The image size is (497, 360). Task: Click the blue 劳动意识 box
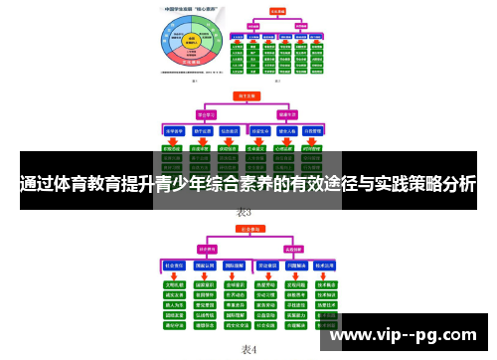point(265,267)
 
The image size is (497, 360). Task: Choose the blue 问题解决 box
point(294,267)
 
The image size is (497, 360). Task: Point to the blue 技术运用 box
point(324,267)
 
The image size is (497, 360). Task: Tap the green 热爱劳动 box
point(265,282)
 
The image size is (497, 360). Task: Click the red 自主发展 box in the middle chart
point(243,96)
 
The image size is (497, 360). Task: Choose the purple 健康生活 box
point(288,113)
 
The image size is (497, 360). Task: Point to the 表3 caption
point(245,212)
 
